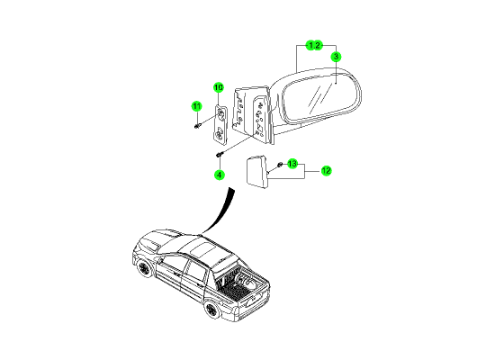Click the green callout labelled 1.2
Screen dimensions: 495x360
[314, 46]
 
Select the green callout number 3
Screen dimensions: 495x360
[337, 57]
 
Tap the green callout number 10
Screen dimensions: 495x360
[219, 87]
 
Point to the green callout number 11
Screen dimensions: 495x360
[197, 106]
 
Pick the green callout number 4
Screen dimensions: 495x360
[219, 175]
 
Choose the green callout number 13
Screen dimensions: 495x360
[292, 164]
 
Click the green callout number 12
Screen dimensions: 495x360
[326, 171]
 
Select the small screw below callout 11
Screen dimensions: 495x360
[197, 126]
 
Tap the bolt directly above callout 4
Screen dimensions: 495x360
[220, 155]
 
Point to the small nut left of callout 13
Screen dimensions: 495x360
[279, 164]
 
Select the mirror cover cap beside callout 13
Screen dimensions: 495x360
[256, 172]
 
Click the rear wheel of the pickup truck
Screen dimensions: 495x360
[211, 310]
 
